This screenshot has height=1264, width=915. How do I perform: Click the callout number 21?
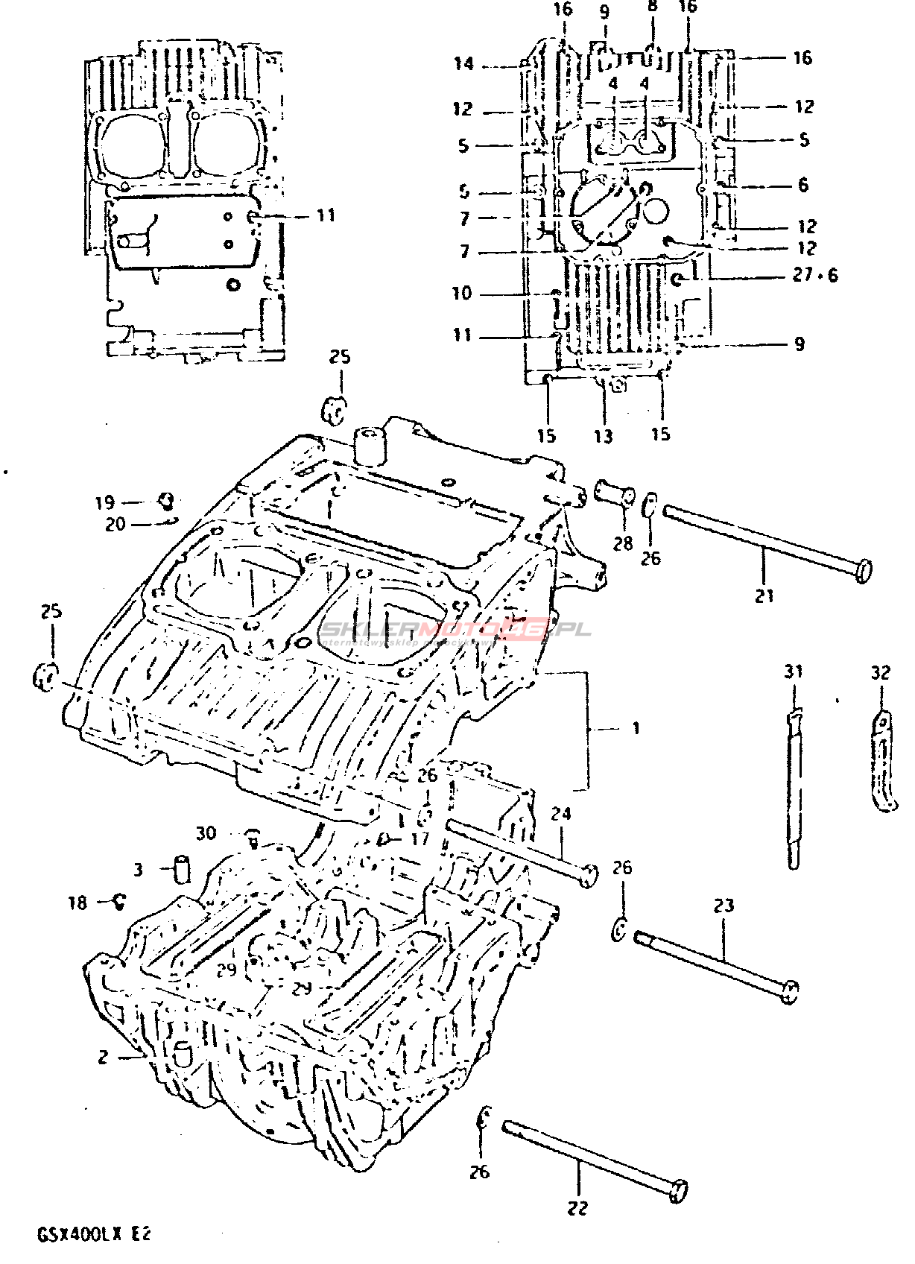coord(764,595)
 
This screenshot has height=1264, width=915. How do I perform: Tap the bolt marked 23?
coord(715,961)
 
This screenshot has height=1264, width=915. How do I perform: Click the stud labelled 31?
coord(794,790)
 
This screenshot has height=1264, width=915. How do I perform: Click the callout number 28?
coord(623,543)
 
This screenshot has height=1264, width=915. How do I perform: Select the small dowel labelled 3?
coord(182,869)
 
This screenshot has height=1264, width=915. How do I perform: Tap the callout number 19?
coord(105,502)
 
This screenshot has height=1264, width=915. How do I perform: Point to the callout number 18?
coord(77,903)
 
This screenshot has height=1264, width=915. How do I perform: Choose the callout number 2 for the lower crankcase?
coord(103,1056)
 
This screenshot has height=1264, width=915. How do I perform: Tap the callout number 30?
coord(206,832)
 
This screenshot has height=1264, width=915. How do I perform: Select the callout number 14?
coord(463,64)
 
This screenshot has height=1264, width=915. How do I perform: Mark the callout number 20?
coord(115,525)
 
